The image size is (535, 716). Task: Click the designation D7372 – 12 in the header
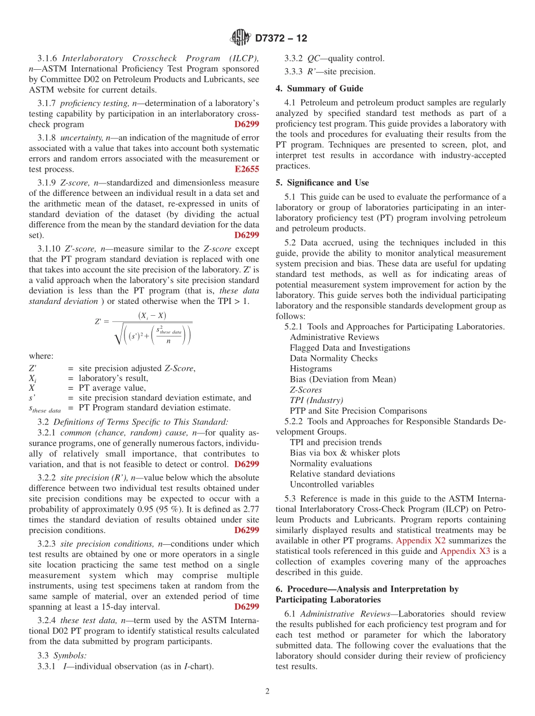281,38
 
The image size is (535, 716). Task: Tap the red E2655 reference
247,169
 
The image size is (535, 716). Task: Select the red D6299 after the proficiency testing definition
247,124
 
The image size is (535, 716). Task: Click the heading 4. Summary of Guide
319,88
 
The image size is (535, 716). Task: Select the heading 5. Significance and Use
322,183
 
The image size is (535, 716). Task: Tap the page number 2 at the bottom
267,691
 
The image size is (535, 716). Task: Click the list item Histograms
311,369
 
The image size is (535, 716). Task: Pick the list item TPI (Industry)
316,400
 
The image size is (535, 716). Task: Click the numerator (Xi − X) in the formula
152,315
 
